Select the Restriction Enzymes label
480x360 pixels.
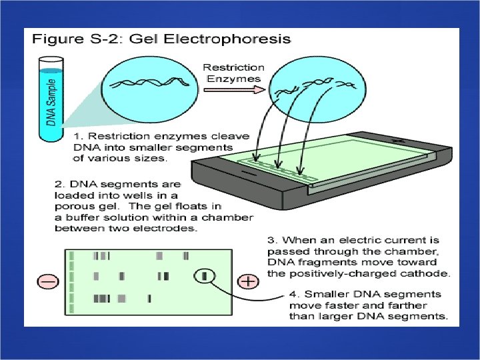pyautogui.click(x=233, y=73)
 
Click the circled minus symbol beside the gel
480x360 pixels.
pyautogui.click(x=49, y=282)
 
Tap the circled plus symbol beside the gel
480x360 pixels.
pyautogui.click(x=247, y=281)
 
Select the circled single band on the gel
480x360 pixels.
pyautogui.click(x=206, y=275)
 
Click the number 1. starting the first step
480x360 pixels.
pyautogui.click(x=75, y=136)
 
